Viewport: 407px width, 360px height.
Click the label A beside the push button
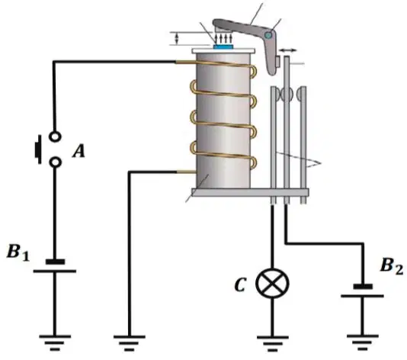(x=79, y=152)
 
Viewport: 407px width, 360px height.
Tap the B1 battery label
(x=18, y=252)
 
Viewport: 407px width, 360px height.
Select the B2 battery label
(x=392, y=266)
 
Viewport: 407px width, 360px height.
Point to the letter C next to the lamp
(x=240, y=285)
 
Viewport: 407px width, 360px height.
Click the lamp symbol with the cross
(x=272, y=284)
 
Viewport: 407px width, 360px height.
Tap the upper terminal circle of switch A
(x=55, y=136)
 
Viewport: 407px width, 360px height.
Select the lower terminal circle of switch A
(x=55, y=162)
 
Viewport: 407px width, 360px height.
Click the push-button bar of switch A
(x=38, y=149)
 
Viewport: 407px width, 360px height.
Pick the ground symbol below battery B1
(x=55, y=343)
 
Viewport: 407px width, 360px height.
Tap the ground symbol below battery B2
(x=362, y=343)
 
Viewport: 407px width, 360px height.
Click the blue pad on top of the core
(x=223, y=47)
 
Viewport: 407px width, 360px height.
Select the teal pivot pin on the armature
(x=268, y=34)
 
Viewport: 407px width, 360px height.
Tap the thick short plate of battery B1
(x=55, y=262)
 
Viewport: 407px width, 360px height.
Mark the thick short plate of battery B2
(x=363, y=286)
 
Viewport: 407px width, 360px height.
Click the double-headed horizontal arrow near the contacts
(x=287, y=50)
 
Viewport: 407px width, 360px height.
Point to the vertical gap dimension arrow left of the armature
(x=177, y=38)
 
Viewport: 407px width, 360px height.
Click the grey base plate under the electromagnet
(x=250, y=192)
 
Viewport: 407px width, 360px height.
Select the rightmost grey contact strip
(x=303, y=145)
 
